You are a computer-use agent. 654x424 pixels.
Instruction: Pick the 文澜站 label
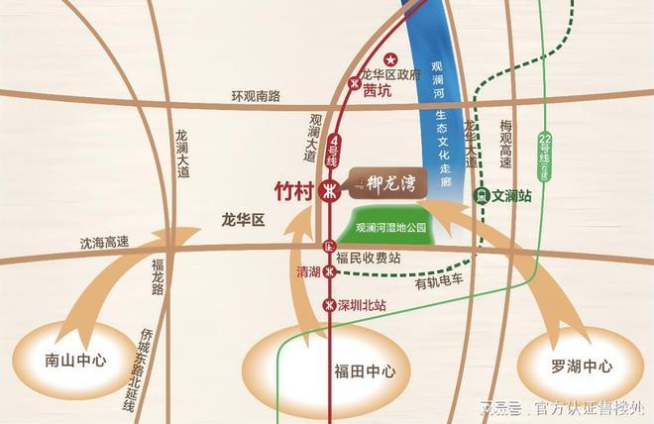[x=512, y=196]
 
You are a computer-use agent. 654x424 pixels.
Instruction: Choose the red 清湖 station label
[x=309, y=270]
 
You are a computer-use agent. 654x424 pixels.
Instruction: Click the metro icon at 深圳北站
[x=329, y=303]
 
